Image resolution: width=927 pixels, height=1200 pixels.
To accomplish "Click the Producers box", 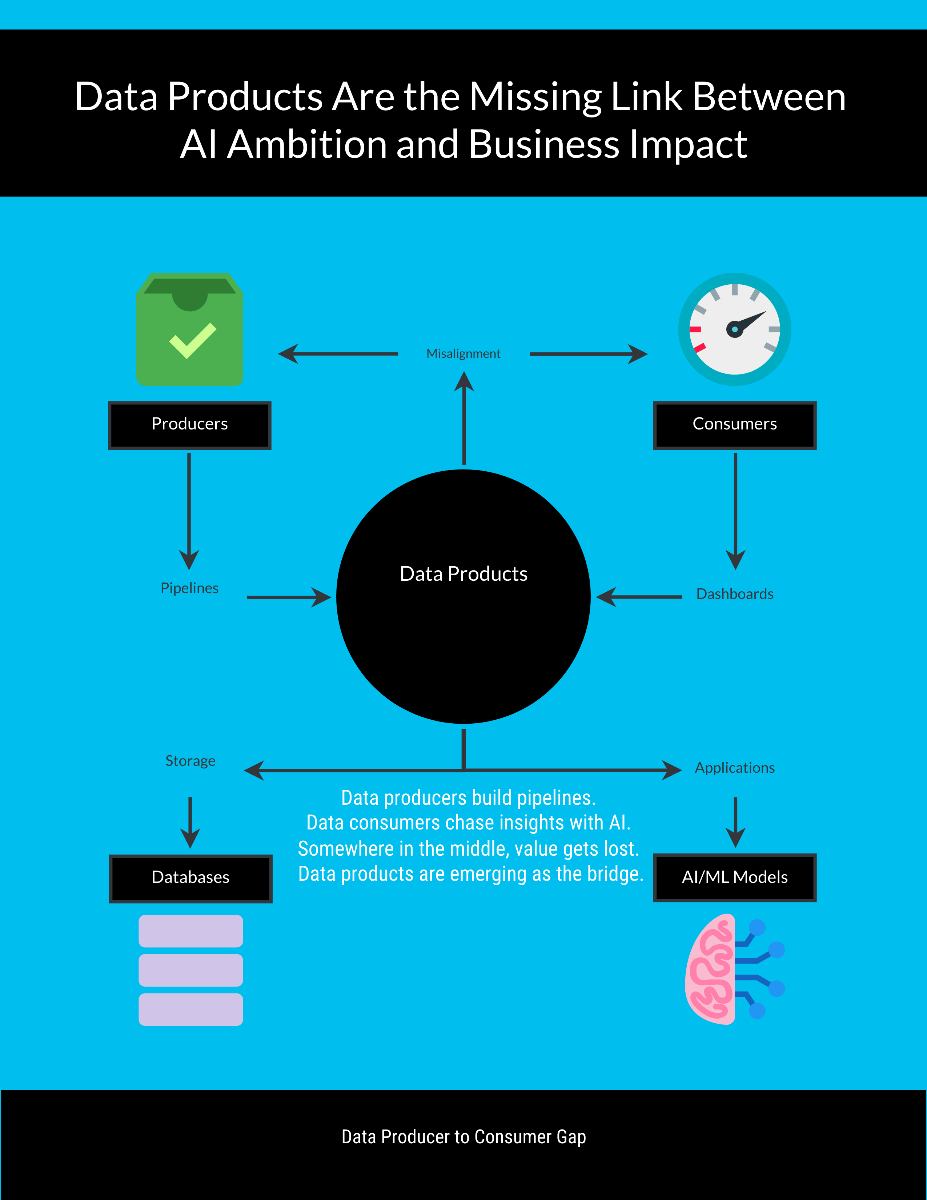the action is click(189, 425).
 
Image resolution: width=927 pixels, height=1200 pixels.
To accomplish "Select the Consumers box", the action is click(734, 425).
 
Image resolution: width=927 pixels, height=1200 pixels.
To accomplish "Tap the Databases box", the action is click(190, 878).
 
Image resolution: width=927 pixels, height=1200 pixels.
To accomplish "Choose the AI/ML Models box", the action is click(734, 877).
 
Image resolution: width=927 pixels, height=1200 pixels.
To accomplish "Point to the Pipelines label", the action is click(189, 588).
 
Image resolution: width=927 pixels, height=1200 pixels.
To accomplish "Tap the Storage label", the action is click(190, 761).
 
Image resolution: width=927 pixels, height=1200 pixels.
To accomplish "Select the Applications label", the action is click(734, 768).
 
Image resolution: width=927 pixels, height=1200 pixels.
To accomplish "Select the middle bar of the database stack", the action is click(190, 970).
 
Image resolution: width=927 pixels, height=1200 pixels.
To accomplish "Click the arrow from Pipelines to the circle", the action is click(288, 597).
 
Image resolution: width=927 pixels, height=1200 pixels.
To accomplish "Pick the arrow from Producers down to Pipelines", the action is click(189, 511).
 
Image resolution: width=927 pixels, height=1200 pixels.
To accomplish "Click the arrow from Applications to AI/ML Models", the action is click(735, 822).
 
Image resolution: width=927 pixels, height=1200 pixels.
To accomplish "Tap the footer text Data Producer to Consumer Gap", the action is click(463, 1137).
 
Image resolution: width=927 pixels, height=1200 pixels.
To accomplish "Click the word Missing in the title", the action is click(535, 97).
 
